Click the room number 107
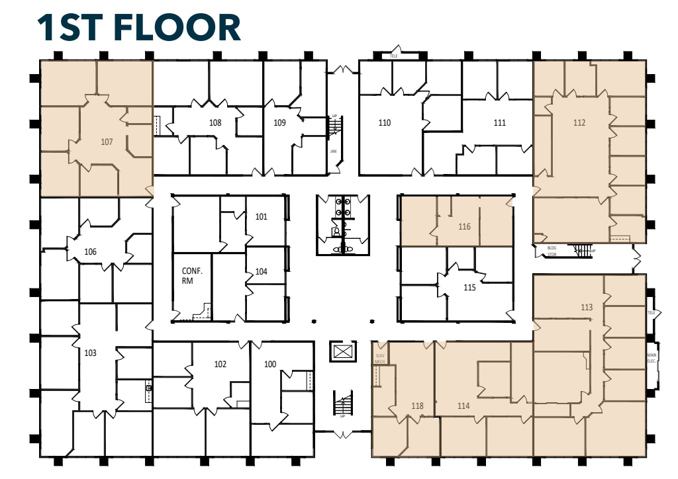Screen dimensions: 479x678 point(107,141)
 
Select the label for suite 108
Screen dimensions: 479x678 point(215,122)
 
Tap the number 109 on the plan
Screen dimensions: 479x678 point(279,122)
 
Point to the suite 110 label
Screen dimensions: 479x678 point(385,122)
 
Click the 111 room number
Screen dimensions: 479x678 point(500,122)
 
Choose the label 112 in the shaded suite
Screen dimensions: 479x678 point(579,122)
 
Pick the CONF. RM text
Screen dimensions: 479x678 point(192,276)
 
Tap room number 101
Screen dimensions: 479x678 point(261,216)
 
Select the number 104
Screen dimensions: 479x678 point(261,271)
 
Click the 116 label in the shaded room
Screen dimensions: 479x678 point(464,226)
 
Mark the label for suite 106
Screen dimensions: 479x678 point(91,251)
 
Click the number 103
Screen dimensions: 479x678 point(91,353)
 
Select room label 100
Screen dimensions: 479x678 point(270,364)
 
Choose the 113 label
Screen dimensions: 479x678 point(586,307)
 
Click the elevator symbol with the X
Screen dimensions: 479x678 point(342,351)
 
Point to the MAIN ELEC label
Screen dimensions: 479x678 point(652,358)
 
